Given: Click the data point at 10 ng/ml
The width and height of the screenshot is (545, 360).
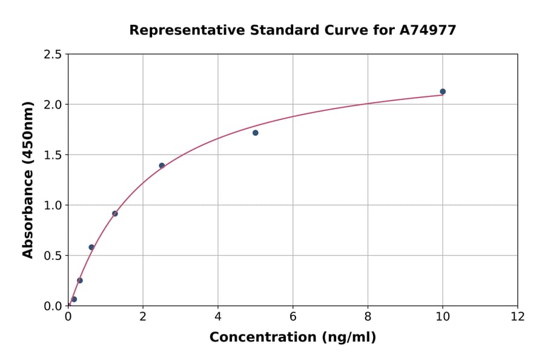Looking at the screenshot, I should tap(443, 92).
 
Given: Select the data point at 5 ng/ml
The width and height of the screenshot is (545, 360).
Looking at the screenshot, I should tap(256, 133).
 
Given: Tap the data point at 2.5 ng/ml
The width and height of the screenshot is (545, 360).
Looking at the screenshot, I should tap(162, 165).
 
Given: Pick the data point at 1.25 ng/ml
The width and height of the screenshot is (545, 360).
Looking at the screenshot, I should tap(115, 213).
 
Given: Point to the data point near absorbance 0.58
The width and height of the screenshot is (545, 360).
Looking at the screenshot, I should tap(91, 247).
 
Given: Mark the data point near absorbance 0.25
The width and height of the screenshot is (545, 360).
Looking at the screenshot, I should tap(80, 281).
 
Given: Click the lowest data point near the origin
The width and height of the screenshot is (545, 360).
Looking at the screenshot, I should tap(74, 299).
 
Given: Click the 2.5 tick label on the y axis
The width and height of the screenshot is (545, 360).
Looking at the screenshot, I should tap(53, 55).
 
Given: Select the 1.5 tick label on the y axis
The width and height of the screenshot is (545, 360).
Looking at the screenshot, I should tap(53, 155).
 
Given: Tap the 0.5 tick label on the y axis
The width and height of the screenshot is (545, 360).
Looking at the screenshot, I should tap(53, 256).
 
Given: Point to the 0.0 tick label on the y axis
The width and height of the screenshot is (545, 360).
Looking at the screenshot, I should tap(53, 306).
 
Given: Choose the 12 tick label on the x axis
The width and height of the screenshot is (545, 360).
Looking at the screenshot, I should tap(518, 316).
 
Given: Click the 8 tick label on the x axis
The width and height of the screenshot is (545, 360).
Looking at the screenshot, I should tap(368, 316).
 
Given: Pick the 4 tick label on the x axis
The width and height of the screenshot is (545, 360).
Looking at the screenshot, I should tap(218, 316).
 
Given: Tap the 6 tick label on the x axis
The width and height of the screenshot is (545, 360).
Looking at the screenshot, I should tap(293, 316).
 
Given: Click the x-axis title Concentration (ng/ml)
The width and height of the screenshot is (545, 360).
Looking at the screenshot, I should tap(292, 338).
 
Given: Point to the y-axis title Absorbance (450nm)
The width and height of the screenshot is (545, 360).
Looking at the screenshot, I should tap(28, 180).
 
